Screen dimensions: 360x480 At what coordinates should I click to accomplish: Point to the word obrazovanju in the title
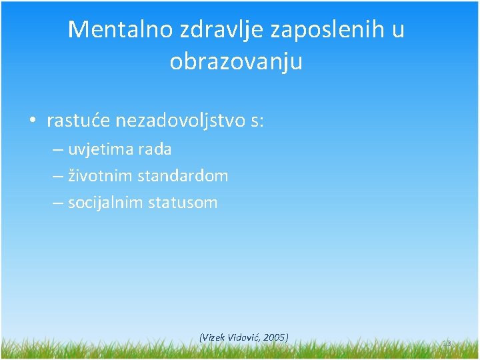pos(236,62)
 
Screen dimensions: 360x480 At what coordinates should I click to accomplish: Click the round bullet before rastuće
pos(31,121)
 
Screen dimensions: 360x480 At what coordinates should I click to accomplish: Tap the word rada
pos(155,150)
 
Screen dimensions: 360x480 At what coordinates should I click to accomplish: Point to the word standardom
pos(183,177)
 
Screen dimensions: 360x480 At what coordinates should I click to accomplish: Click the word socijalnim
pos(105,203)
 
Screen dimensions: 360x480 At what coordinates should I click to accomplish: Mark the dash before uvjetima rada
pos(58,150)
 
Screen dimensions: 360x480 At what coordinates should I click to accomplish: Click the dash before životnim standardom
pos(58,177)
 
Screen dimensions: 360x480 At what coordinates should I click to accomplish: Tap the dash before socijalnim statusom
pos(58,203)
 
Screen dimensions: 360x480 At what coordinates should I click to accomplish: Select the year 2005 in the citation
pos(274,337)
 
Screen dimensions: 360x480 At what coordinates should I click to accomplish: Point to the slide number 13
pos(447,343)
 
